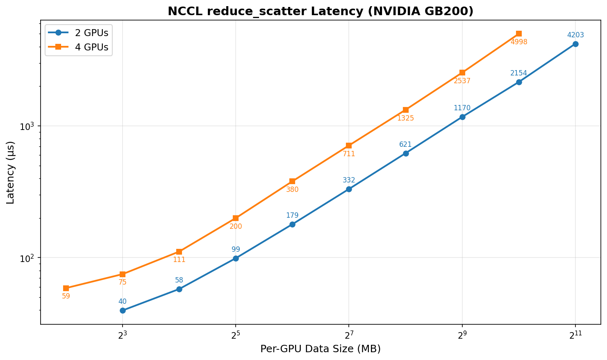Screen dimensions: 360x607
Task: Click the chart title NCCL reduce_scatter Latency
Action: click(x=321, y=11)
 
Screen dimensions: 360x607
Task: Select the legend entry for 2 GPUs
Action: click(x=91, y=33)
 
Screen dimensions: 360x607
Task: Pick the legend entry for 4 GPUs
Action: click(x=91, y=48)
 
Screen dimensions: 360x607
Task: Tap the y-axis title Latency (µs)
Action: click(x=11, y=172)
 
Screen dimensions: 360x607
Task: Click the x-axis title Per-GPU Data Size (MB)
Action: click(x=321, y=349)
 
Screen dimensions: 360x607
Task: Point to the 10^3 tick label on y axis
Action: click(x=27, y=126)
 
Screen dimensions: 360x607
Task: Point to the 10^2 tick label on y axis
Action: click(x=27, y=258)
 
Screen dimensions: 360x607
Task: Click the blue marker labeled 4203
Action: click(x=575, y=44)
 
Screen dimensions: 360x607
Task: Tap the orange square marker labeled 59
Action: click(x=66, y=288)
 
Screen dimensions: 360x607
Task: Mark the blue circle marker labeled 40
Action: click(x=123, y=310)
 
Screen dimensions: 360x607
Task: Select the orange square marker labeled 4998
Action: click(x=519, y=34)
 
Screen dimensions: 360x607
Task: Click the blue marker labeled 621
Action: click(x=406, y=153)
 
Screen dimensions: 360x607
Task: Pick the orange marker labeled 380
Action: click(x=292, y=181)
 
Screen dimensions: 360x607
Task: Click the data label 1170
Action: click(x=462, y=108)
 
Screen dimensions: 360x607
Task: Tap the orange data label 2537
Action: click(x=462, y=81)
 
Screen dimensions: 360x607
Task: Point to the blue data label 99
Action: click(x=236, y=249)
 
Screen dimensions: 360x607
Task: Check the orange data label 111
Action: click(x=179, y=260)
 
